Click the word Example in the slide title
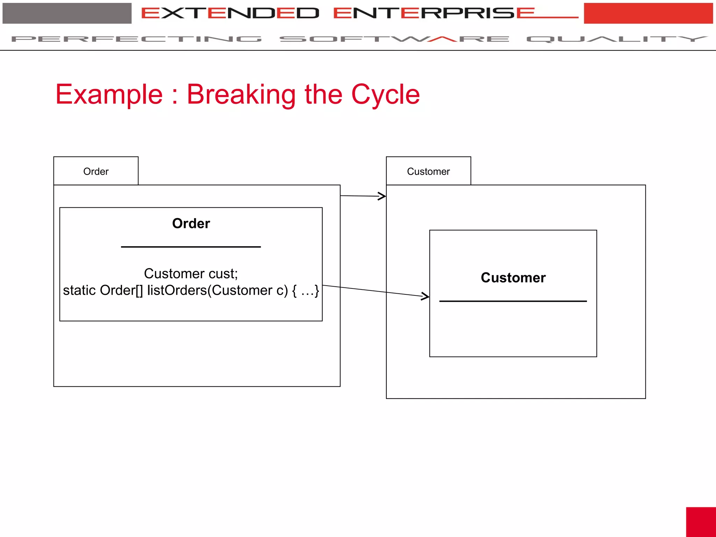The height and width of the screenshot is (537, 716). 109,94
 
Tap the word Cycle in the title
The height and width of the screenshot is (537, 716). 385,94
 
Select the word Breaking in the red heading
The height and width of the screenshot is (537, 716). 241,94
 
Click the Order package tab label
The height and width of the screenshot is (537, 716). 96,171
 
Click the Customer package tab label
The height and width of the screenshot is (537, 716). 428,171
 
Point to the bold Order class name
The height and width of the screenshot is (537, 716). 191,223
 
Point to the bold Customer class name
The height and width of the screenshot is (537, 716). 513,278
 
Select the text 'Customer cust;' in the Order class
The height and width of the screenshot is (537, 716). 191,273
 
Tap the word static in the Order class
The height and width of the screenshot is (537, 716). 79,290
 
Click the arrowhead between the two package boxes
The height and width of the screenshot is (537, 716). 382,196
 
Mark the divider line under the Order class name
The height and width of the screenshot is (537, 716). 191,247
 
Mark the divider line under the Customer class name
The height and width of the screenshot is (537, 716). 513,301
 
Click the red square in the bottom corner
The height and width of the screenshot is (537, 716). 701,522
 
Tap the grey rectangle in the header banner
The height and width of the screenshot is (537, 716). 67,13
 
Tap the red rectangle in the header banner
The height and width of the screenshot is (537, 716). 648,13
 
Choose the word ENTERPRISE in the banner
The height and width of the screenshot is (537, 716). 434,13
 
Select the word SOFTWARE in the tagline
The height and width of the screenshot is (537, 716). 394,39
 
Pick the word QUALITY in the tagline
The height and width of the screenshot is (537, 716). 617,39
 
